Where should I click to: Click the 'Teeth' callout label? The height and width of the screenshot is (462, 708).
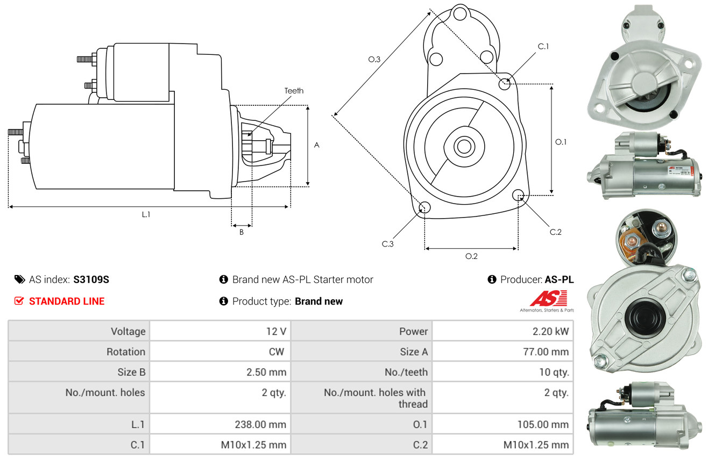tap(294, 91)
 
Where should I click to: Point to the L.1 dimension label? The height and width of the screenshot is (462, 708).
tap(146, 214)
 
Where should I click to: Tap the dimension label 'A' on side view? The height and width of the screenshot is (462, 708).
tap(317, 145)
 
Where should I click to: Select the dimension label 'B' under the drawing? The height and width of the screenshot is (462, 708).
tap(241, 232)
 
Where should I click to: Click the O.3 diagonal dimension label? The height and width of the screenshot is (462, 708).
tap(374, 60)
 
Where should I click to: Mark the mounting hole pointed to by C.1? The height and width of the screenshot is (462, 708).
tap(505, 84)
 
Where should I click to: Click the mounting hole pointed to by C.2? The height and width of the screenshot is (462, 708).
tap(518, 195)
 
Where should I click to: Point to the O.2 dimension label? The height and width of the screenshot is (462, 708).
tap(471, 256)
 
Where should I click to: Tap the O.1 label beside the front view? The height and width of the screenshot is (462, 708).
tap(561, 142)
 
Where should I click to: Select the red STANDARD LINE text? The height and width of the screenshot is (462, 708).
tap(67, 301)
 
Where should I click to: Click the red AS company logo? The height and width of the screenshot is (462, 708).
tap(548, 299)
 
